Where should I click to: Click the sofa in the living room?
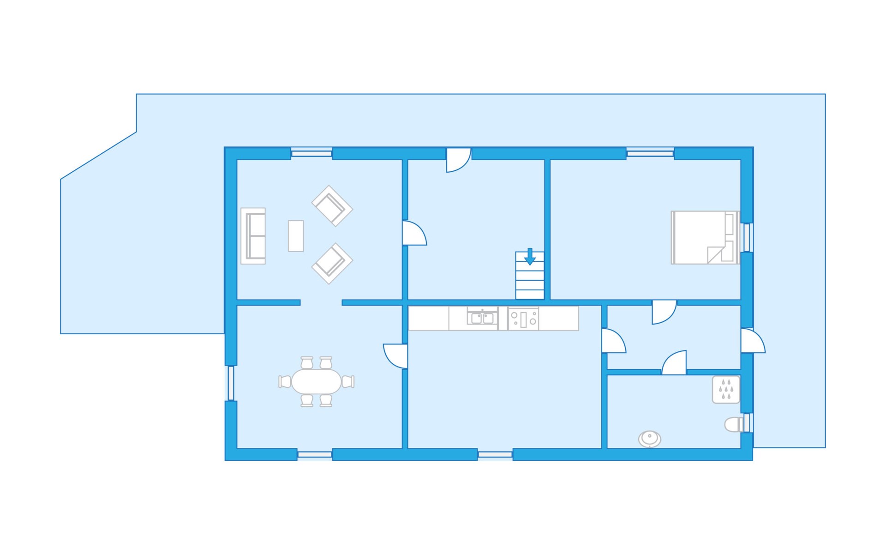point(253,236)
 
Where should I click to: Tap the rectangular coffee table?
point(296,236)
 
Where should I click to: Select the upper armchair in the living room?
point(332,206)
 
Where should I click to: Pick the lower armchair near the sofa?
point(332,264)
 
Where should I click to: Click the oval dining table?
point(316,382)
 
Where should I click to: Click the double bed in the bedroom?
point(705,238)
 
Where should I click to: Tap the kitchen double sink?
point(482,318)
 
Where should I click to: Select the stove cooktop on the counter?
point(523,319)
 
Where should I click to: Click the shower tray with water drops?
point(726,390)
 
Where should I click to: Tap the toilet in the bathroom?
point(734,424)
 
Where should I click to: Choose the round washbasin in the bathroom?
point(650,439)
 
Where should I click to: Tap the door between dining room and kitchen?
point(396,356)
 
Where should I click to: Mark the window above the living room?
point(311,153)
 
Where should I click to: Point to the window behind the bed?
point(747,237)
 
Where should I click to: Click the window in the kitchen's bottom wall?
point(495,455)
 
